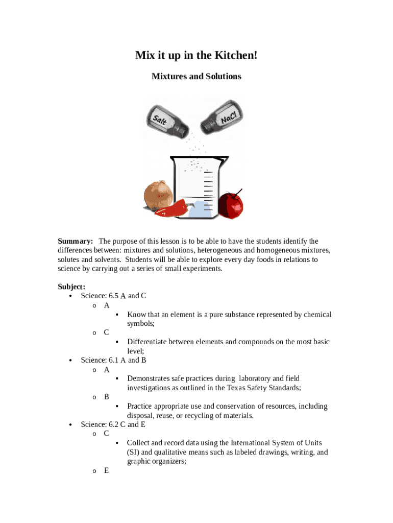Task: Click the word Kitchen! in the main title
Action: click(x=234, y=55)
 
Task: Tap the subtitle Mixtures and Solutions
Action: click(x=196, y=76)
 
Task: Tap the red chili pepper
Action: click(x=171, y=207)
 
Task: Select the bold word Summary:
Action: click(x=75, y=241)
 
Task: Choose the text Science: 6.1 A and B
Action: click(x=113, y=360)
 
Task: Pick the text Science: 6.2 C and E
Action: click(x=113, y=424)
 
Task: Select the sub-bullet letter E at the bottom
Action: click(x=106, y=470)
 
